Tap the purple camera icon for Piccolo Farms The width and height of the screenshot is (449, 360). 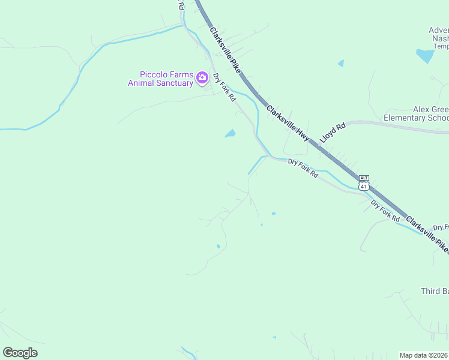202,78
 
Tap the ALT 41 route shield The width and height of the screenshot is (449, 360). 363,183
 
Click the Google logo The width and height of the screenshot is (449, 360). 20,353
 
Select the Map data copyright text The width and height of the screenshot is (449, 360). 424,355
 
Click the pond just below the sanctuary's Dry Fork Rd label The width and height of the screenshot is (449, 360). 230,133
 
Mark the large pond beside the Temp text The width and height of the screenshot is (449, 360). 424,56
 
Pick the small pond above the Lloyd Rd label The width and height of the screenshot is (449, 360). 341,62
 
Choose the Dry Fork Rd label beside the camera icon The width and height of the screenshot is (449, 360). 224,87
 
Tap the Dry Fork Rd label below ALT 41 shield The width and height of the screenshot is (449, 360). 385,211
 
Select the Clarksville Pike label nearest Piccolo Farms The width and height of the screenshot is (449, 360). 225,50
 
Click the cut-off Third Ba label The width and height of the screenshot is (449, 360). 434,292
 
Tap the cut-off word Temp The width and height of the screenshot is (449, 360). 441,46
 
